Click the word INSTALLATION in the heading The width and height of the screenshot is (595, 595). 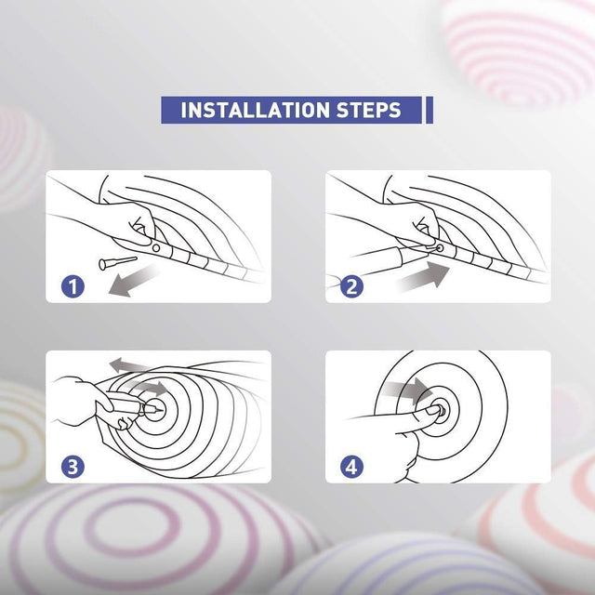(255, 110)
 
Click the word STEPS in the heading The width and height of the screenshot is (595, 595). (368, 110)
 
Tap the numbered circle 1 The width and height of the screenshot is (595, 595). (73, 286)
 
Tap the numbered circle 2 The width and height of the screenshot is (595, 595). (351, 286)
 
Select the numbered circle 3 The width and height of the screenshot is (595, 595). (73, 467)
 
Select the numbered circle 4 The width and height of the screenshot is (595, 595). (351, 467)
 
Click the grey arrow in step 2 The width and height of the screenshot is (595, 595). (423, 276)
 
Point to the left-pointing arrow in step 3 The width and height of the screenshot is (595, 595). (131, 365)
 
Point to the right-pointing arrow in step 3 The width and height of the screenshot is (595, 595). (148, 388)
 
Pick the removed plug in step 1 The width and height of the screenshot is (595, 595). (118, 262)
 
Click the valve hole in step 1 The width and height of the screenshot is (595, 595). (156, 248)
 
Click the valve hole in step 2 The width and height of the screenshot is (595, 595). (440, 248)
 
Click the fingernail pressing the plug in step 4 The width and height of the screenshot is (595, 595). (431, 410)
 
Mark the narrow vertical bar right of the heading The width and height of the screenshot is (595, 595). (430, 110)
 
